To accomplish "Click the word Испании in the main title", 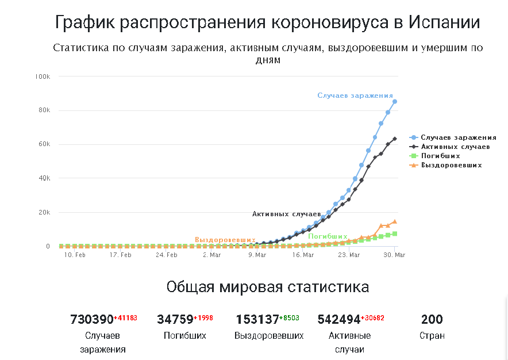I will click(x=444, y=22).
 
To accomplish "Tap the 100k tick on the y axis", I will click(x=43, y=76).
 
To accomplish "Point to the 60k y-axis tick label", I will click(x=45, y=144).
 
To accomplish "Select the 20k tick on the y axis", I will click(x=45, y=212).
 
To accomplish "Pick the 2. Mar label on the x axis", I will click(x=211, y=255).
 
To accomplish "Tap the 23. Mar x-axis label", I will click(x=349, y=255).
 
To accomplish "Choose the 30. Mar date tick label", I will click(x=394, y=255).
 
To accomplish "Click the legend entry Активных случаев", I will click(x=455, y=147).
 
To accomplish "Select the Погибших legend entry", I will click(x=440, y=156).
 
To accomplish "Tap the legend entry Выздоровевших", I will click(x=451, y=165).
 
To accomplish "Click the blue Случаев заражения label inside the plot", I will click(x=355, y=95).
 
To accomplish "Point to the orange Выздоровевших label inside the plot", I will click(x=225, y=239).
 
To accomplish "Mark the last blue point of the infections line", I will click(x=395, y=102).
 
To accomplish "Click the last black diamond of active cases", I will click(x=395, y=139).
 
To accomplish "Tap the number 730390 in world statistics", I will click(x=91, y=319).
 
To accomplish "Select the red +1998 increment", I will click(x=203, y=318).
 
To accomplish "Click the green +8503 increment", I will click(x=290, y=318).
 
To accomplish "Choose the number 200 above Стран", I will click(x=432, y=319).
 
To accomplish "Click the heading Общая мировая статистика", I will click(x=268, y=287).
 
